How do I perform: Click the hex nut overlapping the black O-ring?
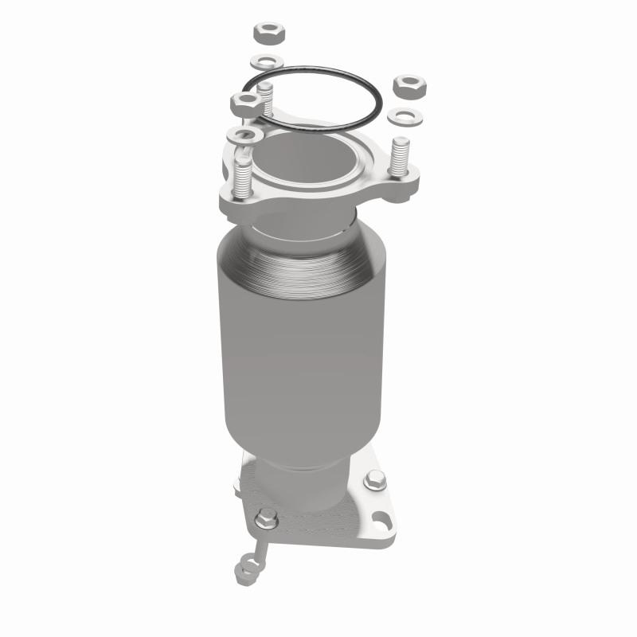pyautogui.click(x=244, y=101)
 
